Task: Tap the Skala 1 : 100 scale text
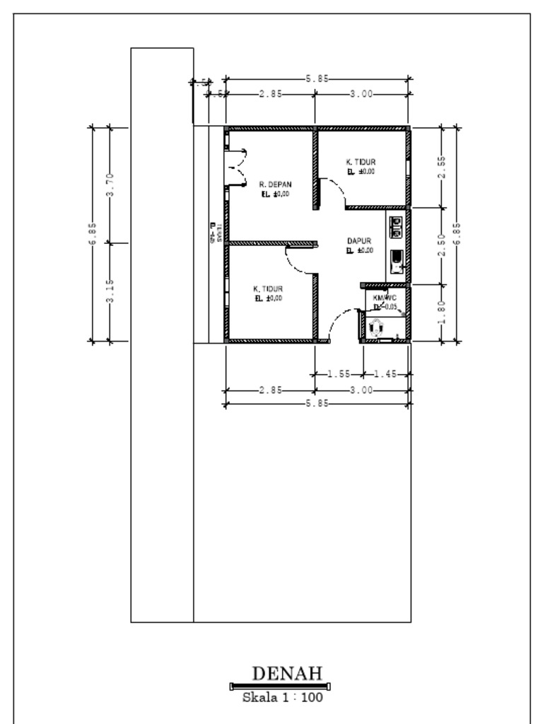click(283, 698)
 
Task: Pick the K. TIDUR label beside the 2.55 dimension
click(361, 162)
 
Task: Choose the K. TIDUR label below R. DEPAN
click(268, 289)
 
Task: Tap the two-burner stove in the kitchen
click(397, 226)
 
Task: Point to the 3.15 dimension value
click(110, 291)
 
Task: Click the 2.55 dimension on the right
click(441, 168)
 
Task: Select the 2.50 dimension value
click(441, 245)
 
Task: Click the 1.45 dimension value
click(386, 374)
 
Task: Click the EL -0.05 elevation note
click(385, 307)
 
